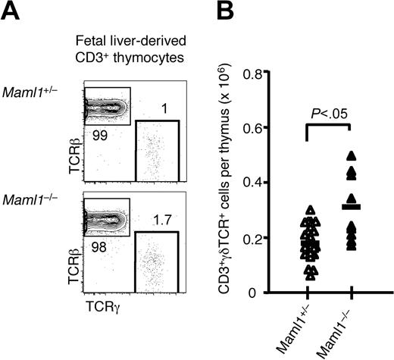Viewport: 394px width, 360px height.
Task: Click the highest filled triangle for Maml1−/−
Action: click(351, 155)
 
